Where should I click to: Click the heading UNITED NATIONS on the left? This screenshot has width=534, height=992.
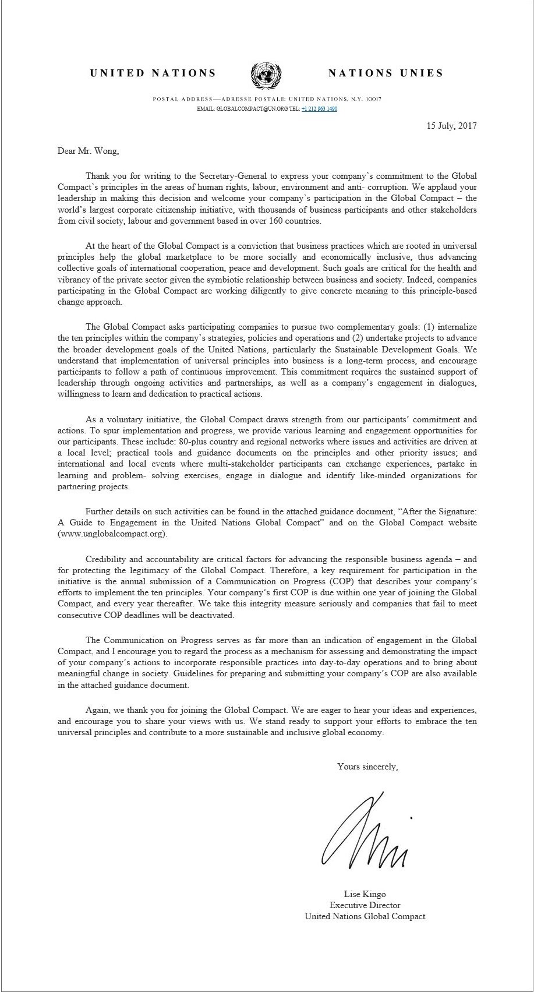(x=153, y=73)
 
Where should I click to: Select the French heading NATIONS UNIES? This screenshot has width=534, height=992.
(x=386, y=73)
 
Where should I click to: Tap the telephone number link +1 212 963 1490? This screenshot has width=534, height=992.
(x=320, y=109)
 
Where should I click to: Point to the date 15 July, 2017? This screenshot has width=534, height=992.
(x=451, y=125)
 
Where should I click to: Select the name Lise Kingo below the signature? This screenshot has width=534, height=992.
(x=365, y=894)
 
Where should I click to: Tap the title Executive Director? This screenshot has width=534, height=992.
(x=365, y=905)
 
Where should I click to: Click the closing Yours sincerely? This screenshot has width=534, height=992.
(x=367, y=767)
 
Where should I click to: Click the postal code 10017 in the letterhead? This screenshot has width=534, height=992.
(x=373, y=100)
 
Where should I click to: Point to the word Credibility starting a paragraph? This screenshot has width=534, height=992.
(x=107, y=559)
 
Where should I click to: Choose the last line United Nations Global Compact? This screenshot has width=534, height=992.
(x=365, y=916)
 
